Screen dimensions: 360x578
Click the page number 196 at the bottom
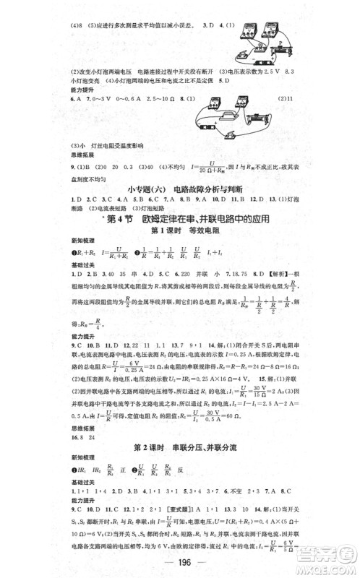(179, 561)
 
